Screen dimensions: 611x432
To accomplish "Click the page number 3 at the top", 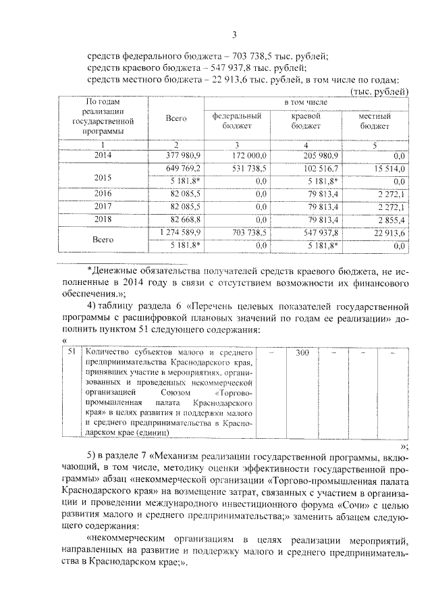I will pos(233,35).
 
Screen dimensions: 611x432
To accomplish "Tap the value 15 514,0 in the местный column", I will pos(388,168).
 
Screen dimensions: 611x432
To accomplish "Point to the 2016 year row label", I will pos(103,193).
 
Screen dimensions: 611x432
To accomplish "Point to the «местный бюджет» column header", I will pos(374,120).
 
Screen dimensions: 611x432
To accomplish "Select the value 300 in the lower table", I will pos(302,352).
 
